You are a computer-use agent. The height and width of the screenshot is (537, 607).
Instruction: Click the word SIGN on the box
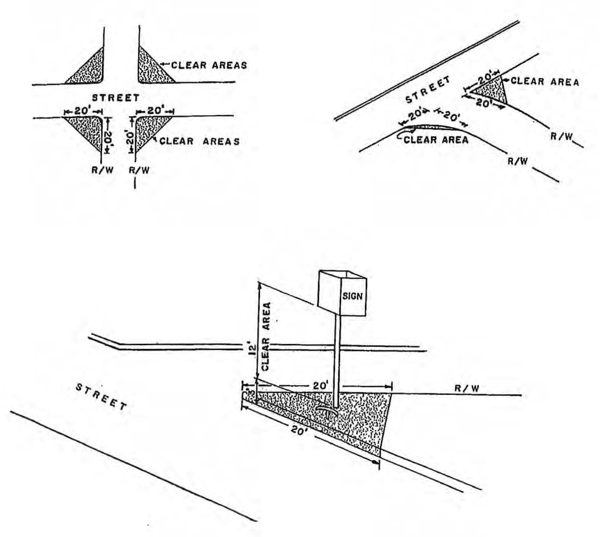[352, 296]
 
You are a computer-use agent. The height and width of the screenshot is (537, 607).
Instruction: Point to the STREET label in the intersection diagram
[116, 98]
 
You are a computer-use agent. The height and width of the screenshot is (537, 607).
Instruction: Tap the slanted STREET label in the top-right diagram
[428, 90]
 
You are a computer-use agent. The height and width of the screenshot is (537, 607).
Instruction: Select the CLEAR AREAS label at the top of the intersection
[209, 65]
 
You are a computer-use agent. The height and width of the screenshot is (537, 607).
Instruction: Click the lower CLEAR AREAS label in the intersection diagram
[200, 141]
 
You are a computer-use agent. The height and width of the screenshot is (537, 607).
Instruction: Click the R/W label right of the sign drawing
[467, 389]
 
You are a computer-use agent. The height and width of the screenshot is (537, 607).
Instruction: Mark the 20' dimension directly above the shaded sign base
[319, 386]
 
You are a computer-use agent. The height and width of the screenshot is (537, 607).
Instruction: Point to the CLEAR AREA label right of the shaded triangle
[544, 82]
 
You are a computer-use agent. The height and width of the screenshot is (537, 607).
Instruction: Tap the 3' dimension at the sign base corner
[248, 393]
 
